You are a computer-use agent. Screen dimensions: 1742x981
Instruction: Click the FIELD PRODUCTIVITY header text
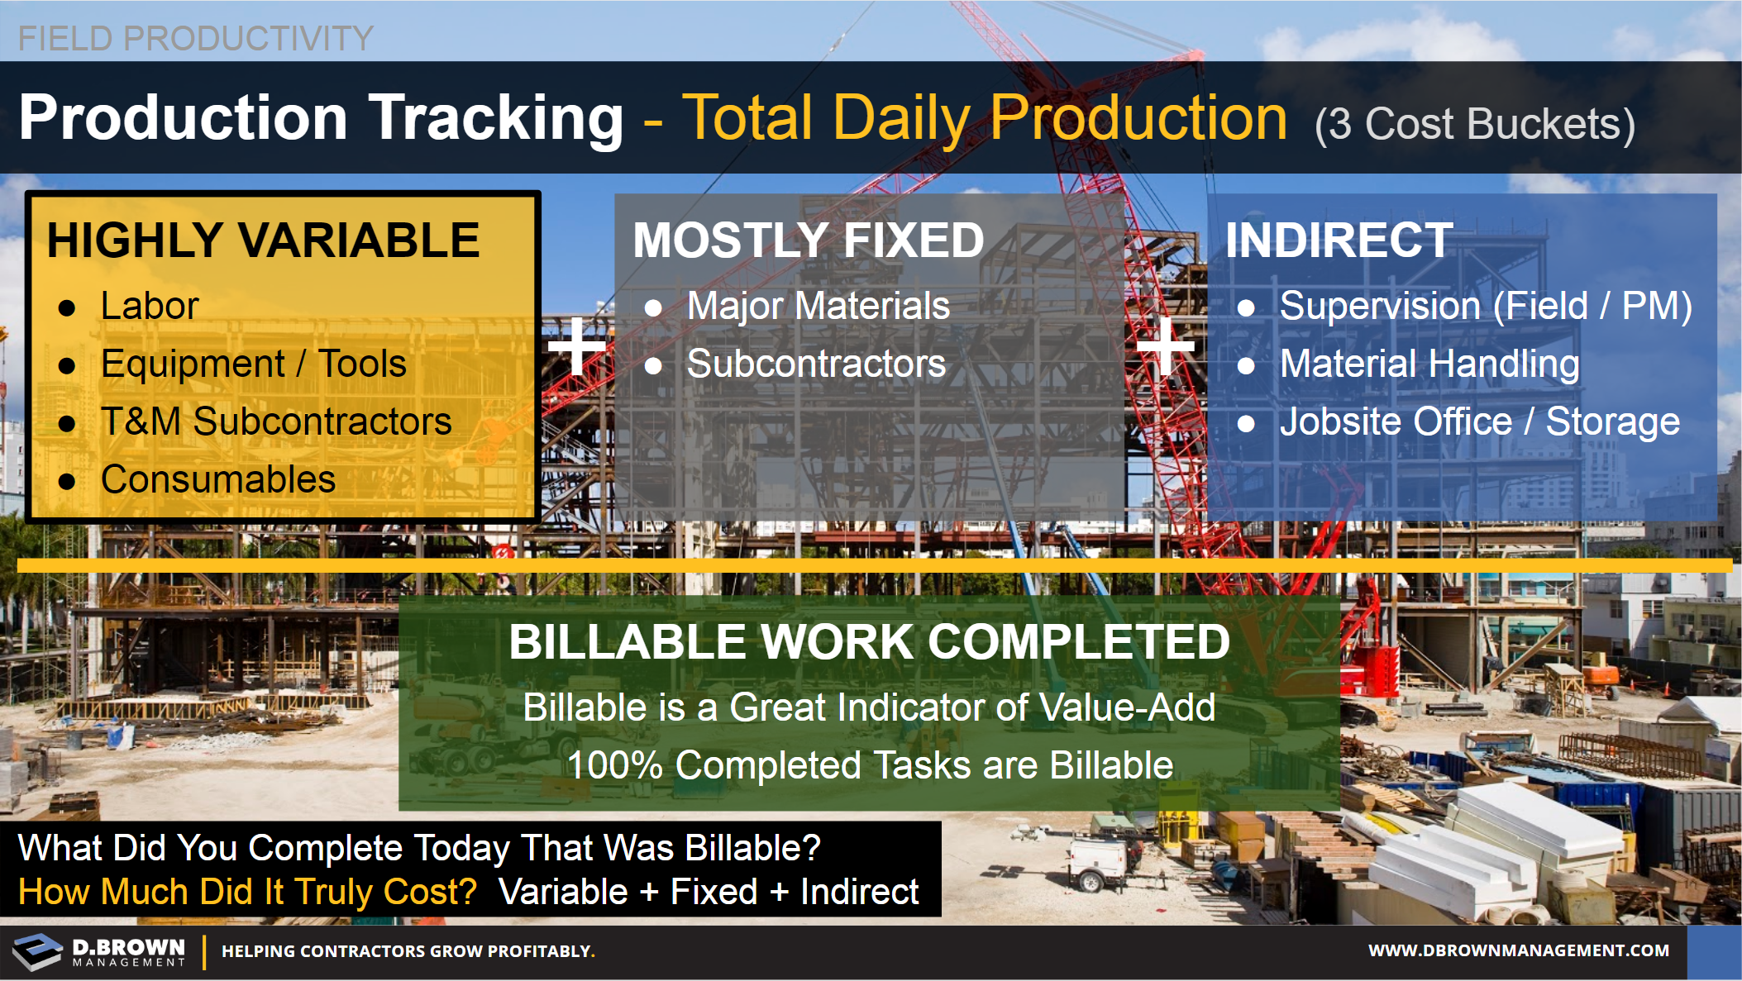pyautogui.click(x=196, y=38)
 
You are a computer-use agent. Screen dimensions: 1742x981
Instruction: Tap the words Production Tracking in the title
pyautogui.click(x=321, y=118)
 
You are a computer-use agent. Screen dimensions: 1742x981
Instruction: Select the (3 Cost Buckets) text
pyautogui.click(x=1475, y=125)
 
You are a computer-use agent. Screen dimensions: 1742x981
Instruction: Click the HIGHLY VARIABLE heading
pyautogui.click(x=263, y=240)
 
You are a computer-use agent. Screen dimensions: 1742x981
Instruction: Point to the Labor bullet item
pyautogui.click(x=150, y=306)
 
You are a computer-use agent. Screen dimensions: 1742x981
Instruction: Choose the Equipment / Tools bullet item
pyautogui.click(x=254, y=364)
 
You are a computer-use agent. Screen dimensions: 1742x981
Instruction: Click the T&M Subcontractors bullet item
pyautogui.click(x=276, y=421)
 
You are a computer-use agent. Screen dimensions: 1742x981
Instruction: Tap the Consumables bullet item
pyautogui.click(x=218, y=479)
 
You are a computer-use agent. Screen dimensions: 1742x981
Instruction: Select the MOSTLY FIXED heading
pyautogui.click(x=809, y=240)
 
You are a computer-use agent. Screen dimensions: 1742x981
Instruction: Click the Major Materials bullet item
pyautogui.click(x=819, y=306)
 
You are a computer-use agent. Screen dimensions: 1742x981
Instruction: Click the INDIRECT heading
pyautogui.click(x=1339, y=240)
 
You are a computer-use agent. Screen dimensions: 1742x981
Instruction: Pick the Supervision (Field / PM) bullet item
pyautogui.click(x=1486, y=307)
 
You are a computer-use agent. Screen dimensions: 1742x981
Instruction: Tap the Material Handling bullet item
pyautogui.click(x=1429, y=364)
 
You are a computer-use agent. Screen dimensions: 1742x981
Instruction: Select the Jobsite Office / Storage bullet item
pyautogui.click(x=1480, y=422)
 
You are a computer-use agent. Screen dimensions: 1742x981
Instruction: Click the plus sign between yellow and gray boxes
pyautogui.click(x=577, y=346)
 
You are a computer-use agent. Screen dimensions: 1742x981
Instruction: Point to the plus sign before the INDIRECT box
pyautogui.click(x=1166, y=346)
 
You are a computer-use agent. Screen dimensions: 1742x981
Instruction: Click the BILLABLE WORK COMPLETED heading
pyautogui.click(x=869, y=642)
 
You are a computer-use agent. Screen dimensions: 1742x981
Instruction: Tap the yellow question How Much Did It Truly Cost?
pyautogui.click(x=248, y=893)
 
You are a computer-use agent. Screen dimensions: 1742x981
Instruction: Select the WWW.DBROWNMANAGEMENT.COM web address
pyautogui.click(x=1519, y=951)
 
